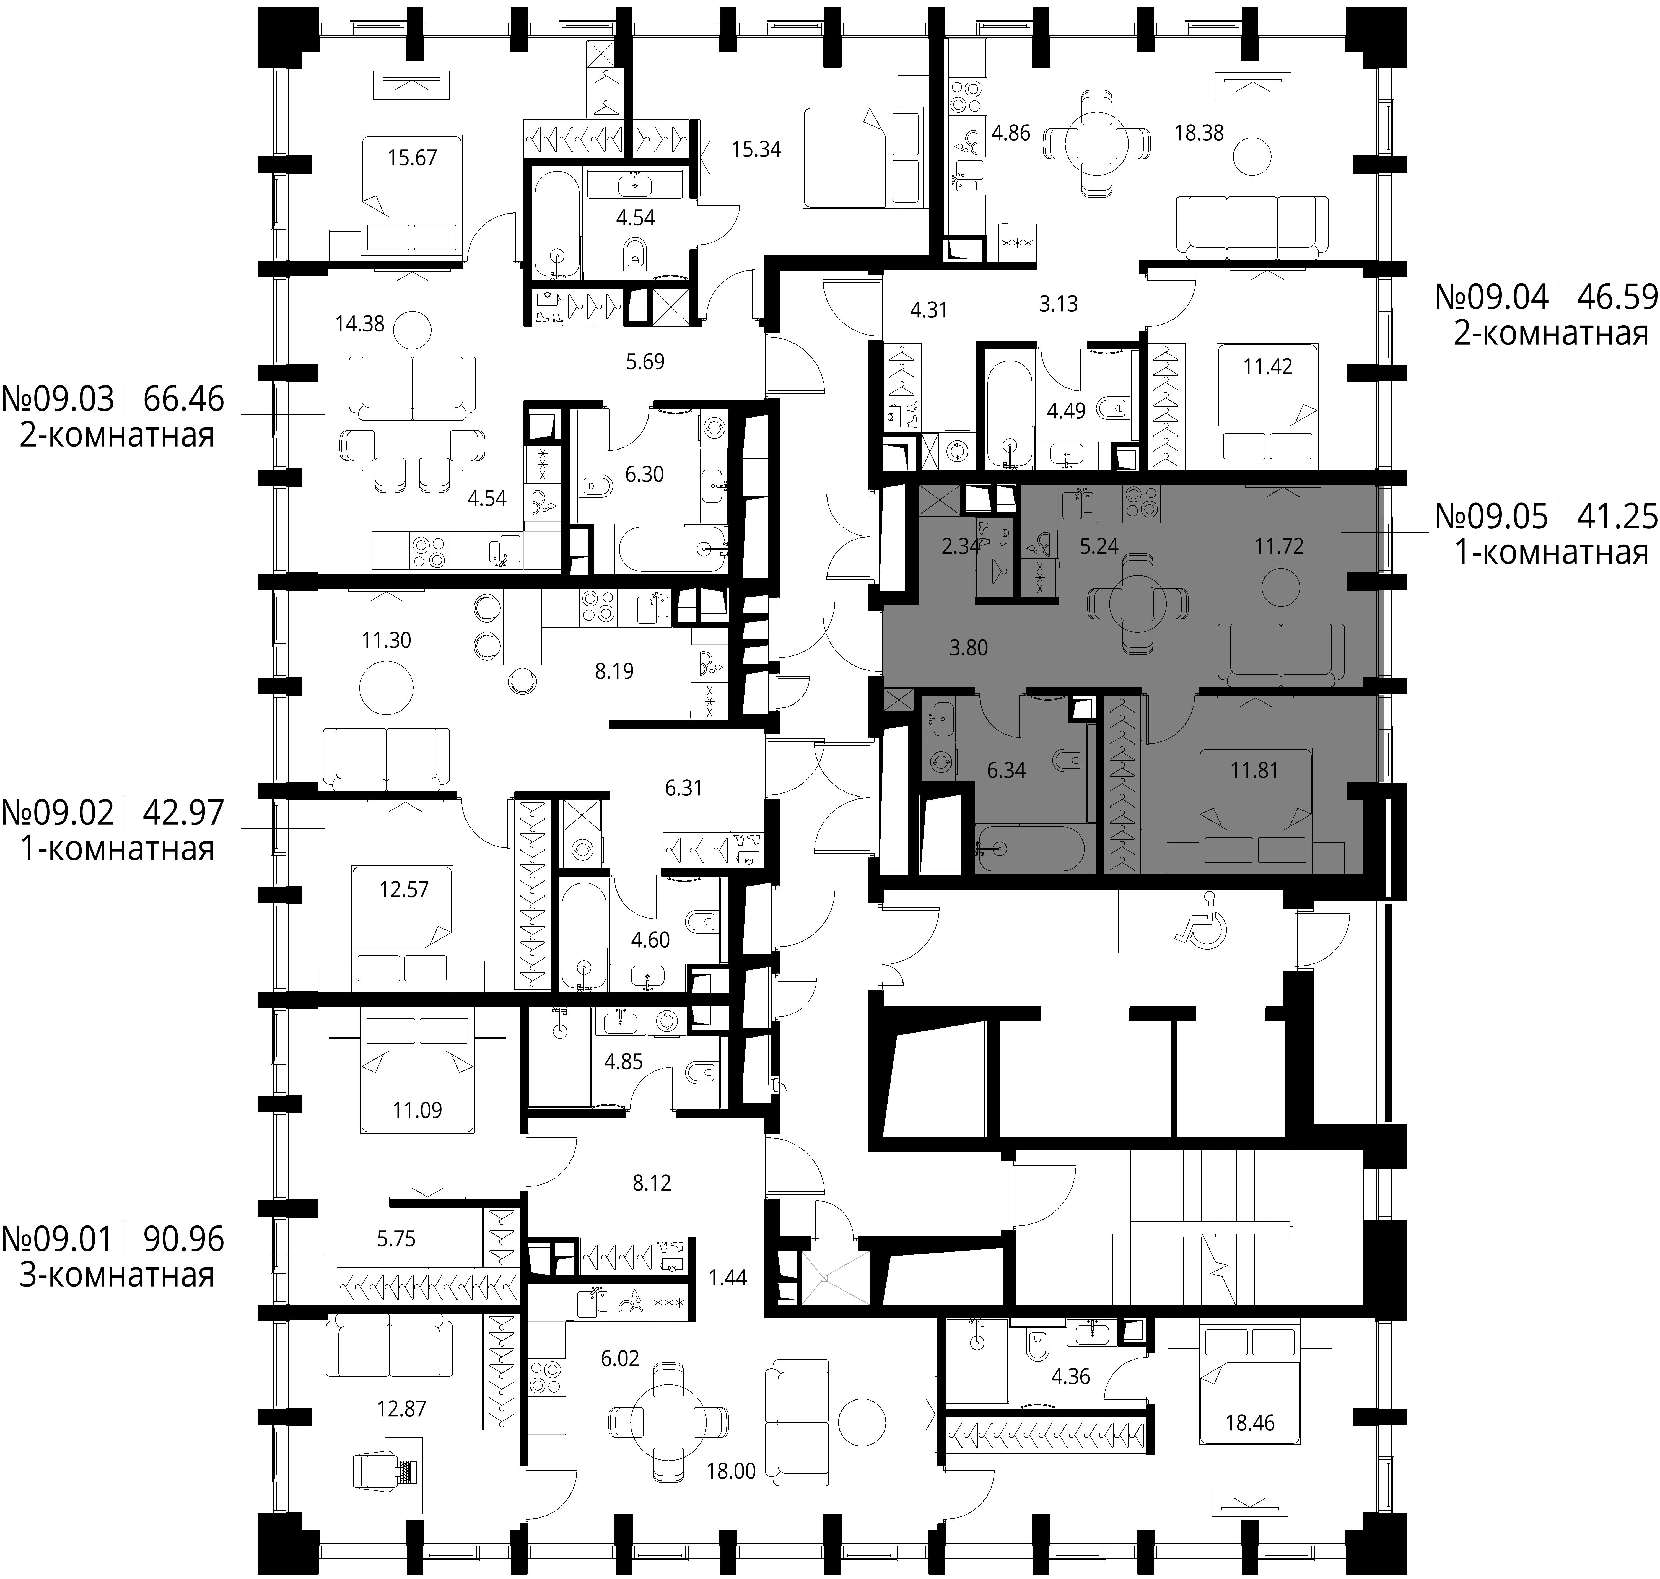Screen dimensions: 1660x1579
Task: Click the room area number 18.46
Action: (1250, 1422)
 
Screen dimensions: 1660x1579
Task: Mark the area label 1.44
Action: (727, 1278)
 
